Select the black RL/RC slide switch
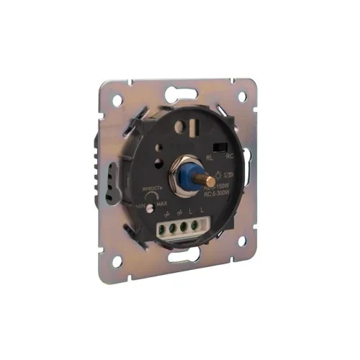(221, 150)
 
